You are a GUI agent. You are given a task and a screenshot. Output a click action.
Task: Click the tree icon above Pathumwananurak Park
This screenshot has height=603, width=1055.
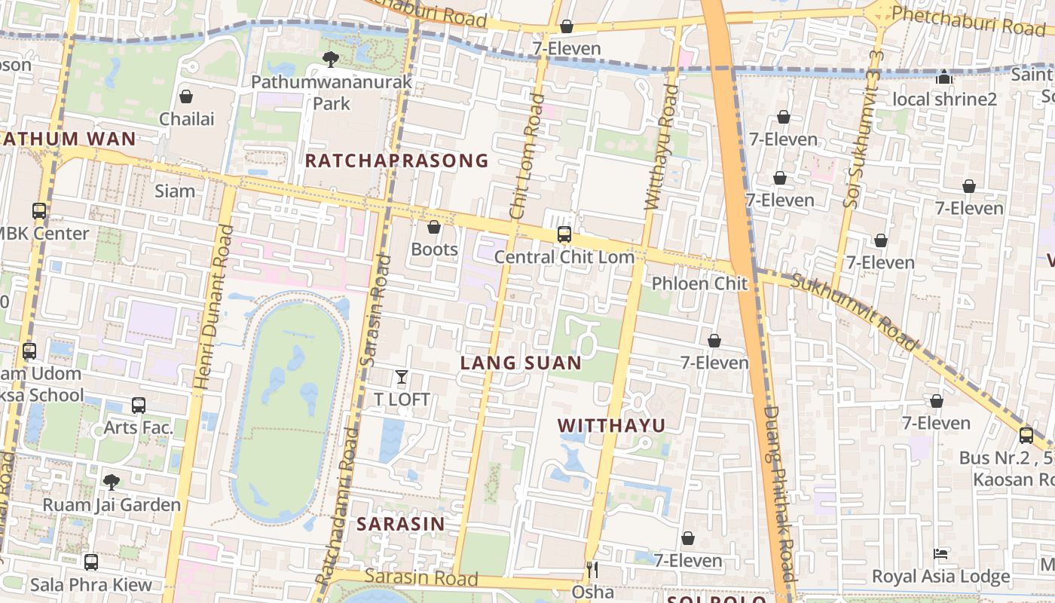pyautogui.click(x=330, y=59)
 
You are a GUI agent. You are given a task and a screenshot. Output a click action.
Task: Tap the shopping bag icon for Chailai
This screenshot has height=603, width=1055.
pyautogui.click(x=186, y=96)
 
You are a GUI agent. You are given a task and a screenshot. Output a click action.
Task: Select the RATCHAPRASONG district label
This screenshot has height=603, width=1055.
pyautogui.click(x=396, y=161)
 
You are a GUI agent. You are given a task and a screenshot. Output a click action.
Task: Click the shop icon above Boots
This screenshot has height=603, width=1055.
pyautogui.click(x=434, y=227)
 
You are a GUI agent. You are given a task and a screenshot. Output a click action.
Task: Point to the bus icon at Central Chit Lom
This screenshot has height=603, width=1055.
pyautogui.click(x=564, y=234)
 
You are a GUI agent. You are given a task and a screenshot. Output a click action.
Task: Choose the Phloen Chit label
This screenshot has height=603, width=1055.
pyautogui.click(x=699, y=283)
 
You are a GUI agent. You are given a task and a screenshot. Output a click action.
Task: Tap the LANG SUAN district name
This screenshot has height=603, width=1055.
pyautogui.click(x=521, y=363)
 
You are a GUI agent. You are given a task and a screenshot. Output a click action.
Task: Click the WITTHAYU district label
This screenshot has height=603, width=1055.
pyautogui.click(x=612, y=426)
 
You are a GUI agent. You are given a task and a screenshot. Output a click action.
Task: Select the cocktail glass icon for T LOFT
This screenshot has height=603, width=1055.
pyautogui.click(x=402, y=377)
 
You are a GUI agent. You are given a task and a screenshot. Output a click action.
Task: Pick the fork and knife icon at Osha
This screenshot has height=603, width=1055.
pyautogui.click(x=592, y=570)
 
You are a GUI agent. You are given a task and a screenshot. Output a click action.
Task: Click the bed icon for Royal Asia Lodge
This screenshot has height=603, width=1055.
pyautogui.click(x=940, y=554)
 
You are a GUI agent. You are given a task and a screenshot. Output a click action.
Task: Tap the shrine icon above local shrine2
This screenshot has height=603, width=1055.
pyautogui.click(x=944, y=77)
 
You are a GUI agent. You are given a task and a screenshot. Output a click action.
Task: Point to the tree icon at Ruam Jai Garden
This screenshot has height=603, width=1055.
pyautogui.click(x=112, y=482)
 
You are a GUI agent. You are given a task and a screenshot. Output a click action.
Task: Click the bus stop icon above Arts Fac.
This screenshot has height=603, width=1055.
pyautogui.click(x=139, y=406)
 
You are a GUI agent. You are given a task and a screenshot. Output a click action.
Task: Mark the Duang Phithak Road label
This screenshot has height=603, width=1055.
pyautogui.click(x=779, y=494)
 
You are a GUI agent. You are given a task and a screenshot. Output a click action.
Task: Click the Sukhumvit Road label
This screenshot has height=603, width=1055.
pyautogui.click(x=855, y=311)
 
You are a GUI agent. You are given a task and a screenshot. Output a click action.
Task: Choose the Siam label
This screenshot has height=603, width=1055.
pyautogui.click(x=175, y=191)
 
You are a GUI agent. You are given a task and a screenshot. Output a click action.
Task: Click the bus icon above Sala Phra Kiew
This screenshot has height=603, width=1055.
pyautogui.click(x=91, y=562)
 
